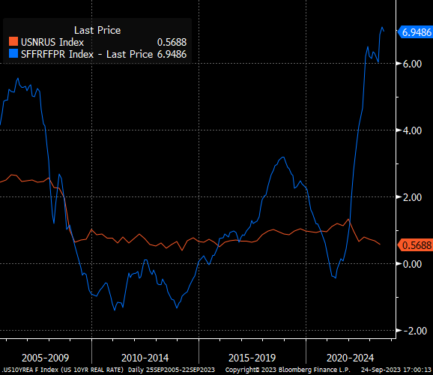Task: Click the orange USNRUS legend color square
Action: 13,42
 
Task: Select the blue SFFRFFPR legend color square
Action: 13,54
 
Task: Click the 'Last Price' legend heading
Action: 97,30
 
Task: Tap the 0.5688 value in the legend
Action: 172,42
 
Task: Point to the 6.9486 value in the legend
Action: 172,54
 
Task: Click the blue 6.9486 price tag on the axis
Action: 415,32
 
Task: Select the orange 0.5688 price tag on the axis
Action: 415,245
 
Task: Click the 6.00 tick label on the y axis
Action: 412,64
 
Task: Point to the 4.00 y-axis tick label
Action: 412,130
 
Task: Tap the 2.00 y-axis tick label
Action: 412,197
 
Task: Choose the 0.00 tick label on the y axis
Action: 412,264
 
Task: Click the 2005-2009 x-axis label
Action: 45,358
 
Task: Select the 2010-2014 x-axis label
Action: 145,358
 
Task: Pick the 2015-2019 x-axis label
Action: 252,358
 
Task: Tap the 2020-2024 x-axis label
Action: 350,358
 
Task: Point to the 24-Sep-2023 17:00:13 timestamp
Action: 396,370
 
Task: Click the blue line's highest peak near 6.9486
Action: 382,28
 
